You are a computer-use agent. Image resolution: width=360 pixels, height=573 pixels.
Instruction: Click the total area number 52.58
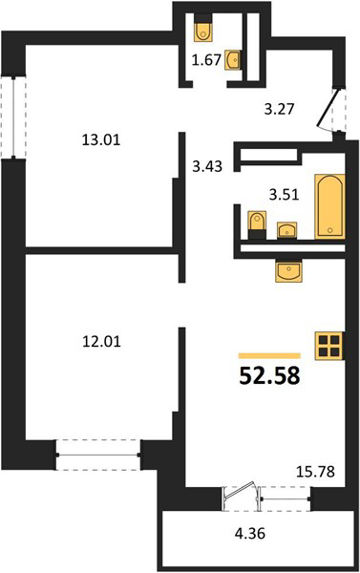tap(269, 376)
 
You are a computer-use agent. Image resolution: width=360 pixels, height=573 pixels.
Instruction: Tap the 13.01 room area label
tap(101, 140)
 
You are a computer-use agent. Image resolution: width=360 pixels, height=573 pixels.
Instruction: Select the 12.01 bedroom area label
tap(101, 342)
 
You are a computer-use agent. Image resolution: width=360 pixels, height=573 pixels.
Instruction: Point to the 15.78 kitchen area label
tap(315, 472)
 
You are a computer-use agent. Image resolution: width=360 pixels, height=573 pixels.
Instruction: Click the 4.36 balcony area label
tap(250, 534)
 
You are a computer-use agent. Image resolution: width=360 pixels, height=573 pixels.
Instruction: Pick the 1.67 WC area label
tap(207, 59)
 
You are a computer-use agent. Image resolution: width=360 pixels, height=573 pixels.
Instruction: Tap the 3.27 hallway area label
tap(279, 109)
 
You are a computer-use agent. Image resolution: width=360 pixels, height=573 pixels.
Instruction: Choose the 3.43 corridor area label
tap(207, 166)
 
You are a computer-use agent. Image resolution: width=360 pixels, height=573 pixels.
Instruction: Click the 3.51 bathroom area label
tap(284, 195)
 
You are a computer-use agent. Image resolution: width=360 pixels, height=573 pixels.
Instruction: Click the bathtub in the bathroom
tap(330, 206)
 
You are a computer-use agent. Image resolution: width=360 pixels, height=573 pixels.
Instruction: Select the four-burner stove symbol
tap(329, 346)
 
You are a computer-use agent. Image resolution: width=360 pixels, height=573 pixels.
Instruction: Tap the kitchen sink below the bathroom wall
tap(288, 271)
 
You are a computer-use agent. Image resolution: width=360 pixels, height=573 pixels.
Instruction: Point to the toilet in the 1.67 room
tap(202, 28)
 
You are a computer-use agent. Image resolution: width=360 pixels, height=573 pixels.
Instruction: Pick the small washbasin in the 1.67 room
tap(232, 59)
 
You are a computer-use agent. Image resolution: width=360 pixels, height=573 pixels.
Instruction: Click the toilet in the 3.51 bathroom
tap(257, 225)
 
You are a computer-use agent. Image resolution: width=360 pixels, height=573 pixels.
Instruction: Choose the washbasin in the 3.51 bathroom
tap(286, 230)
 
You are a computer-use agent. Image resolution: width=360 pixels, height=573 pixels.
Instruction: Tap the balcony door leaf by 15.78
tap(240, 492)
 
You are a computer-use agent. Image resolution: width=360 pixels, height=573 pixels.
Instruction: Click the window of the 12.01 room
tap(98, 455)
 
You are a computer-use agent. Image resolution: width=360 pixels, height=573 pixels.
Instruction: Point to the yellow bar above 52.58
tap(269, 356)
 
